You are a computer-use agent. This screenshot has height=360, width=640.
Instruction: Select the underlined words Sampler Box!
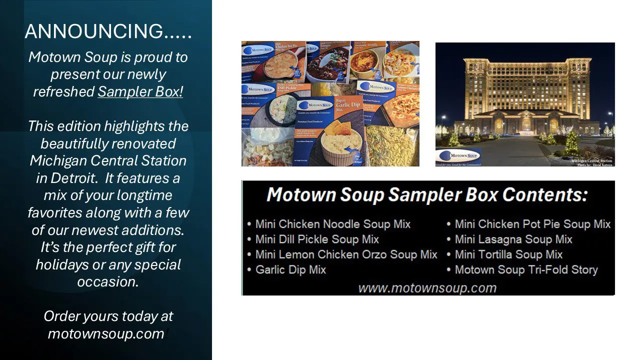point(140,92)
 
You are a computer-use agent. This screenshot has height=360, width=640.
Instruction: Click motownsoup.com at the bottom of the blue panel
point(106,334)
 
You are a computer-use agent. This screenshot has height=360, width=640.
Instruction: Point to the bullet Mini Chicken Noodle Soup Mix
point(332,224)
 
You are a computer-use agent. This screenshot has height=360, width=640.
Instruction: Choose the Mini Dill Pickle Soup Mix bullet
point(317,239)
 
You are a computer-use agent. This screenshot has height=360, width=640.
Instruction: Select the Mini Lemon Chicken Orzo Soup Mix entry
point(346,254)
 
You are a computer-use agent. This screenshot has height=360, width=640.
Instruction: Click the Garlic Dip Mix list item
point(290,270)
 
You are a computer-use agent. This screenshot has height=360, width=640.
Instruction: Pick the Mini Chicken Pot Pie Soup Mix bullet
point(532,224)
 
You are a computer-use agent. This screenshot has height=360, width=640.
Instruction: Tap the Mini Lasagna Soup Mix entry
point(513,239)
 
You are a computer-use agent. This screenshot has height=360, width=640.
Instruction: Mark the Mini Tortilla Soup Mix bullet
point(508,254)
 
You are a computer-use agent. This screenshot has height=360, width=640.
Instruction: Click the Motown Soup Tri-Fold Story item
point(526,270)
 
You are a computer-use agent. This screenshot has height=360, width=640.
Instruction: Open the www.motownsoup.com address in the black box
point(427,288)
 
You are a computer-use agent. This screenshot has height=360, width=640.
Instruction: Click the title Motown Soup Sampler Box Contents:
point(427,194)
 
